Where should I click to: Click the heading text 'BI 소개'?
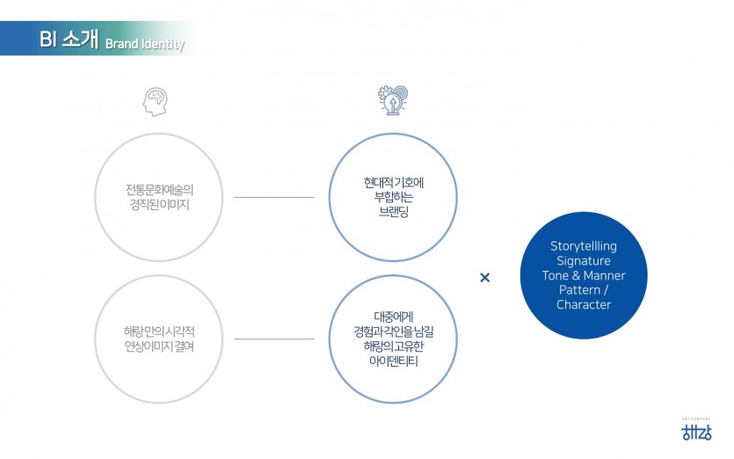coord(68,40)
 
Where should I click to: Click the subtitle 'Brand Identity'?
coord(145,45)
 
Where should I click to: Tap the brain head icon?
coord(156,102)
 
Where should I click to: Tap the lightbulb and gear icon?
coord(393,100)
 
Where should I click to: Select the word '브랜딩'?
coord(394,213)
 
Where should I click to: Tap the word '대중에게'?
coord(393,317)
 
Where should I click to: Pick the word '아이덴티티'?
coord(393,361)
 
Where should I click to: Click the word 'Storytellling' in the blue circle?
coord(584,246)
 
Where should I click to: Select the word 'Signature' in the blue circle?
coord(584,261)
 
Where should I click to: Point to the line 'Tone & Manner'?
coord(584,276)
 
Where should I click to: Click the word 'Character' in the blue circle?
coord(584,305)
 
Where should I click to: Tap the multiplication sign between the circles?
coord(484,278)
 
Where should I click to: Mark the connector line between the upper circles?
coord(274,198)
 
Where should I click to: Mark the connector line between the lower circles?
coord(274,339)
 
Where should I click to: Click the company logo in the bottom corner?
coord(696,431)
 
